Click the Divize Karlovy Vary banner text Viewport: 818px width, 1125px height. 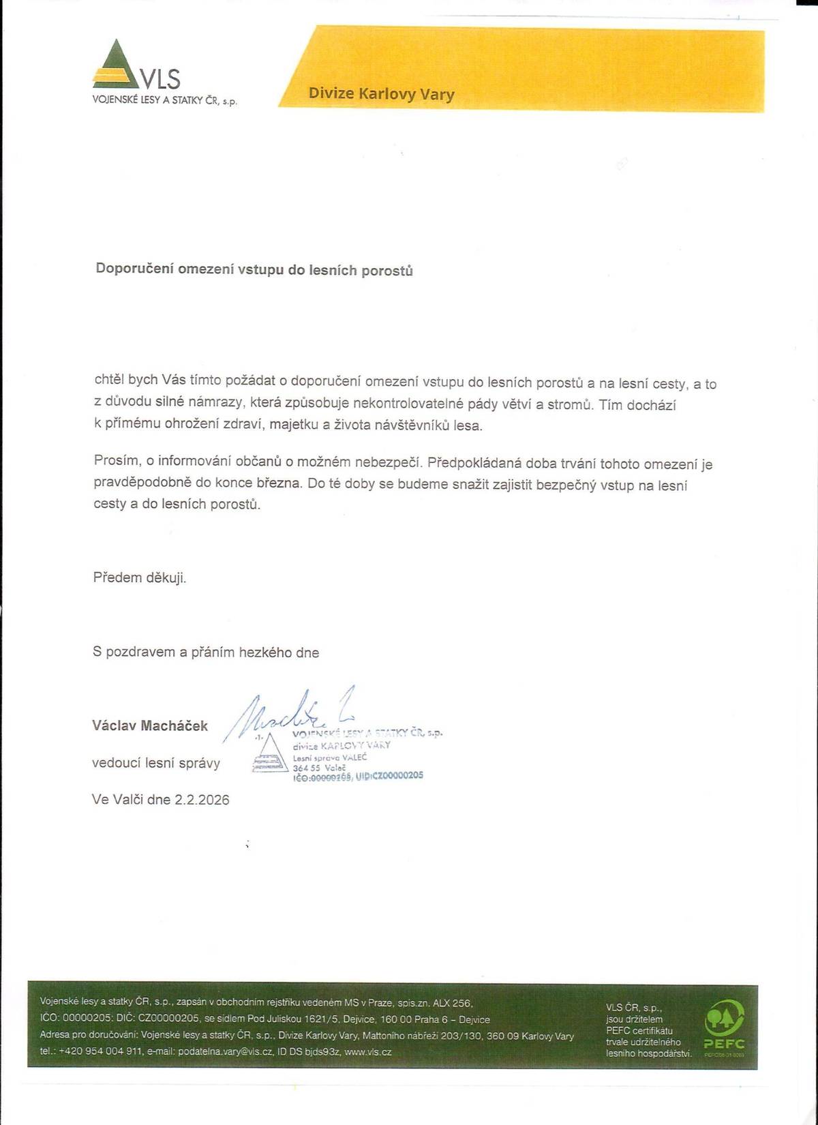[381, 94]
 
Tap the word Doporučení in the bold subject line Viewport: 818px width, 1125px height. [134, 269]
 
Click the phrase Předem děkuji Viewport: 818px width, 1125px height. [140, 577]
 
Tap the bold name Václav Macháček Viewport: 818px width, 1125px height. [150, 725]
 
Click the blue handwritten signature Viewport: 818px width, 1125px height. [286, 712]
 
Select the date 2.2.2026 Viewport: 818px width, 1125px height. [202, 800]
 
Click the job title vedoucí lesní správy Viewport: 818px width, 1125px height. [156, 763]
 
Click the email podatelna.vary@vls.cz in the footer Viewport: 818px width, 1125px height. [225, 1052]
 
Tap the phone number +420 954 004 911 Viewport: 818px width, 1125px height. [101, 1052]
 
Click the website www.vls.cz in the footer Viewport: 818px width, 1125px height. [368, 1052]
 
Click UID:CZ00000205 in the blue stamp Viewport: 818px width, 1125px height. [389, 775]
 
